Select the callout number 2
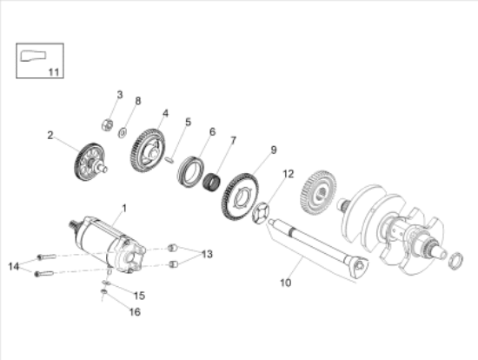coord(50,135)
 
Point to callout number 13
coord(207,254)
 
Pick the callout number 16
coord(136,311)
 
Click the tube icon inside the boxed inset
coord(32,58)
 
